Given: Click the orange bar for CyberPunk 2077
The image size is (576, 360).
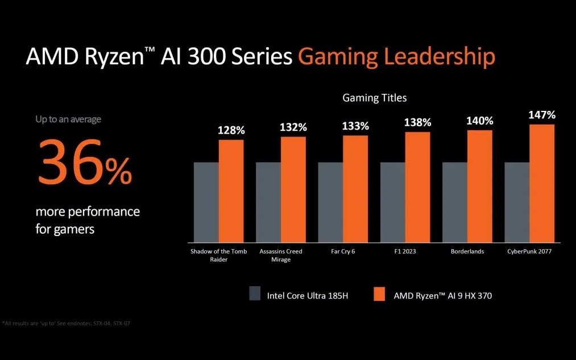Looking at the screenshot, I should pos(541,182).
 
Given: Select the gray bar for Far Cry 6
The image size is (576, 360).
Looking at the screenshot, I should pos(330,201).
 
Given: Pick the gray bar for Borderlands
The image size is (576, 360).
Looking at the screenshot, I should pos(455,201).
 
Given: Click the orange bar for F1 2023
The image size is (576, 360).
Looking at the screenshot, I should pos(417,185).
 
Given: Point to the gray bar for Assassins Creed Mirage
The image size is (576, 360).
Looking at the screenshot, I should pos(268,201).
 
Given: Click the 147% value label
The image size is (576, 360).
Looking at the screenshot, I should pos(542,115).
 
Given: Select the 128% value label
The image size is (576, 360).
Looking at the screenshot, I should pos(231,131).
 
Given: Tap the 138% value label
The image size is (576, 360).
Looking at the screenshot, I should pos(417,122).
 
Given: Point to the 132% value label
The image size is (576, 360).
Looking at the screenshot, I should pos(293,127).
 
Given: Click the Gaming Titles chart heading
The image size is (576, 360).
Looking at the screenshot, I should pos(374,98).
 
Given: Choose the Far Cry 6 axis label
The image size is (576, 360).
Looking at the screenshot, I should pos(342,251).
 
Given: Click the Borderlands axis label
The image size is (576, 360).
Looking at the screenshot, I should pos(467,251).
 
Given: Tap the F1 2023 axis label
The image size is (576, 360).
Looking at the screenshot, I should pos(405,251).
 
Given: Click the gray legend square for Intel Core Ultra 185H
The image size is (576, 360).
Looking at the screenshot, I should pos(255,293).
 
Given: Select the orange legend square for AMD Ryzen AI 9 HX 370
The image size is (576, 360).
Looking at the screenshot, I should pos(380,293).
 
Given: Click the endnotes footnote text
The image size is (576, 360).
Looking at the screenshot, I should pos(70,324).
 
